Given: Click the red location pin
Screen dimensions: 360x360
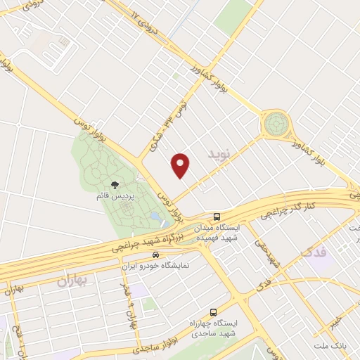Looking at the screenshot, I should [181, 165].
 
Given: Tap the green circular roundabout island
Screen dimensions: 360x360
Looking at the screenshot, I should [275, 124].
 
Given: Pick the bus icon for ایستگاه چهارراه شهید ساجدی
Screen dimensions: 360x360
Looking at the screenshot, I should [213, 312].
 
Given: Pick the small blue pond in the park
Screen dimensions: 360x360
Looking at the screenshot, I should [163, 224].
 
